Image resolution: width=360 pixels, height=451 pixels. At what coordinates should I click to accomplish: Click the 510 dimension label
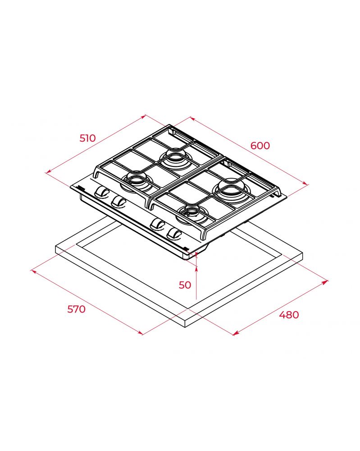pyautogui.click(x=87, y=138)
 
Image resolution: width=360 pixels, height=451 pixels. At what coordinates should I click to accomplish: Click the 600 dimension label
pyautogui.click(x=260, y=146)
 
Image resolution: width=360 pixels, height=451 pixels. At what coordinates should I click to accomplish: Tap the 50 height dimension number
pyautogui.click(x=185, y=285)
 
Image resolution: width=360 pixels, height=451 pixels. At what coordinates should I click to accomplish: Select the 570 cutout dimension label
pyautogui.click(x=77, y=309)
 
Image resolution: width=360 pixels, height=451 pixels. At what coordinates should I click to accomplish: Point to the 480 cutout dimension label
pyautogui.click(x=289, y=315)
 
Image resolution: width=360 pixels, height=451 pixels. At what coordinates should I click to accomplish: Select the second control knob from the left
pyautogui.click(x=118, y=201)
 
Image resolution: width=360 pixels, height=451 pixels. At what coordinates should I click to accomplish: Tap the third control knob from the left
pyautogui.click(x=158, y=224)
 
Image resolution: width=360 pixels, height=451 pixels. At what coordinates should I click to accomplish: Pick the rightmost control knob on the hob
pyautogui.click(x=174, y=233)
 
